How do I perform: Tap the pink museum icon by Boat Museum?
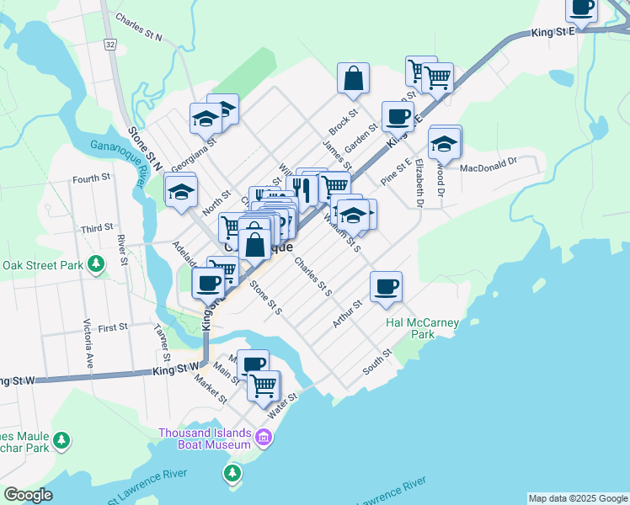[x=263, y=438]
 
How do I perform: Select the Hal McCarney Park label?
[x=409, y=327]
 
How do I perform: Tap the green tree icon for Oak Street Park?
[x=98, y=264]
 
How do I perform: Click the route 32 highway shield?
[x=111, y=42]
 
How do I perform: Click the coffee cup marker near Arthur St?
[x=387, y=286]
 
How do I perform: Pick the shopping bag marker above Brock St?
[x=354, y=78]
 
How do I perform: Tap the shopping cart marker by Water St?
[x=264, y=385]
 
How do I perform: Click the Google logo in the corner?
[x=27, y=495]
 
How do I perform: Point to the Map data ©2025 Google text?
[x=577, y=498]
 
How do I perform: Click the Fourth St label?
[x=91, y=178]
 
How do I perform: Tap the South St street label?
[x=378, y=363]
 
